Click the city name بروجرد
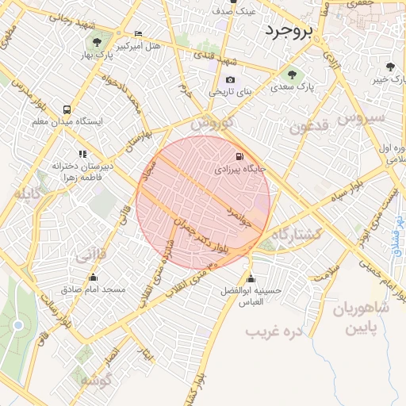[x=290, y=31]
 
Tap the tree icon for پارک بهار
[x=97, y=43]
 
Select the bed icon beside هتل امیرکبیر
[x=139, y=34]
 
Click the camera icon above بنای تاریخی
[x=230, y=79]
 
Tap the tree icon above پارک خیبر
[x=389, y=67]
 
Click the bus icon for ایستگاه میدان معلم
[x=65, y=109]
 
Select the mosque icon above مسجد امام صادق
[x=94, y=278]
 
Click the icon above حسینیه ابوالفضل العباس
[x=251, y=278]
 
